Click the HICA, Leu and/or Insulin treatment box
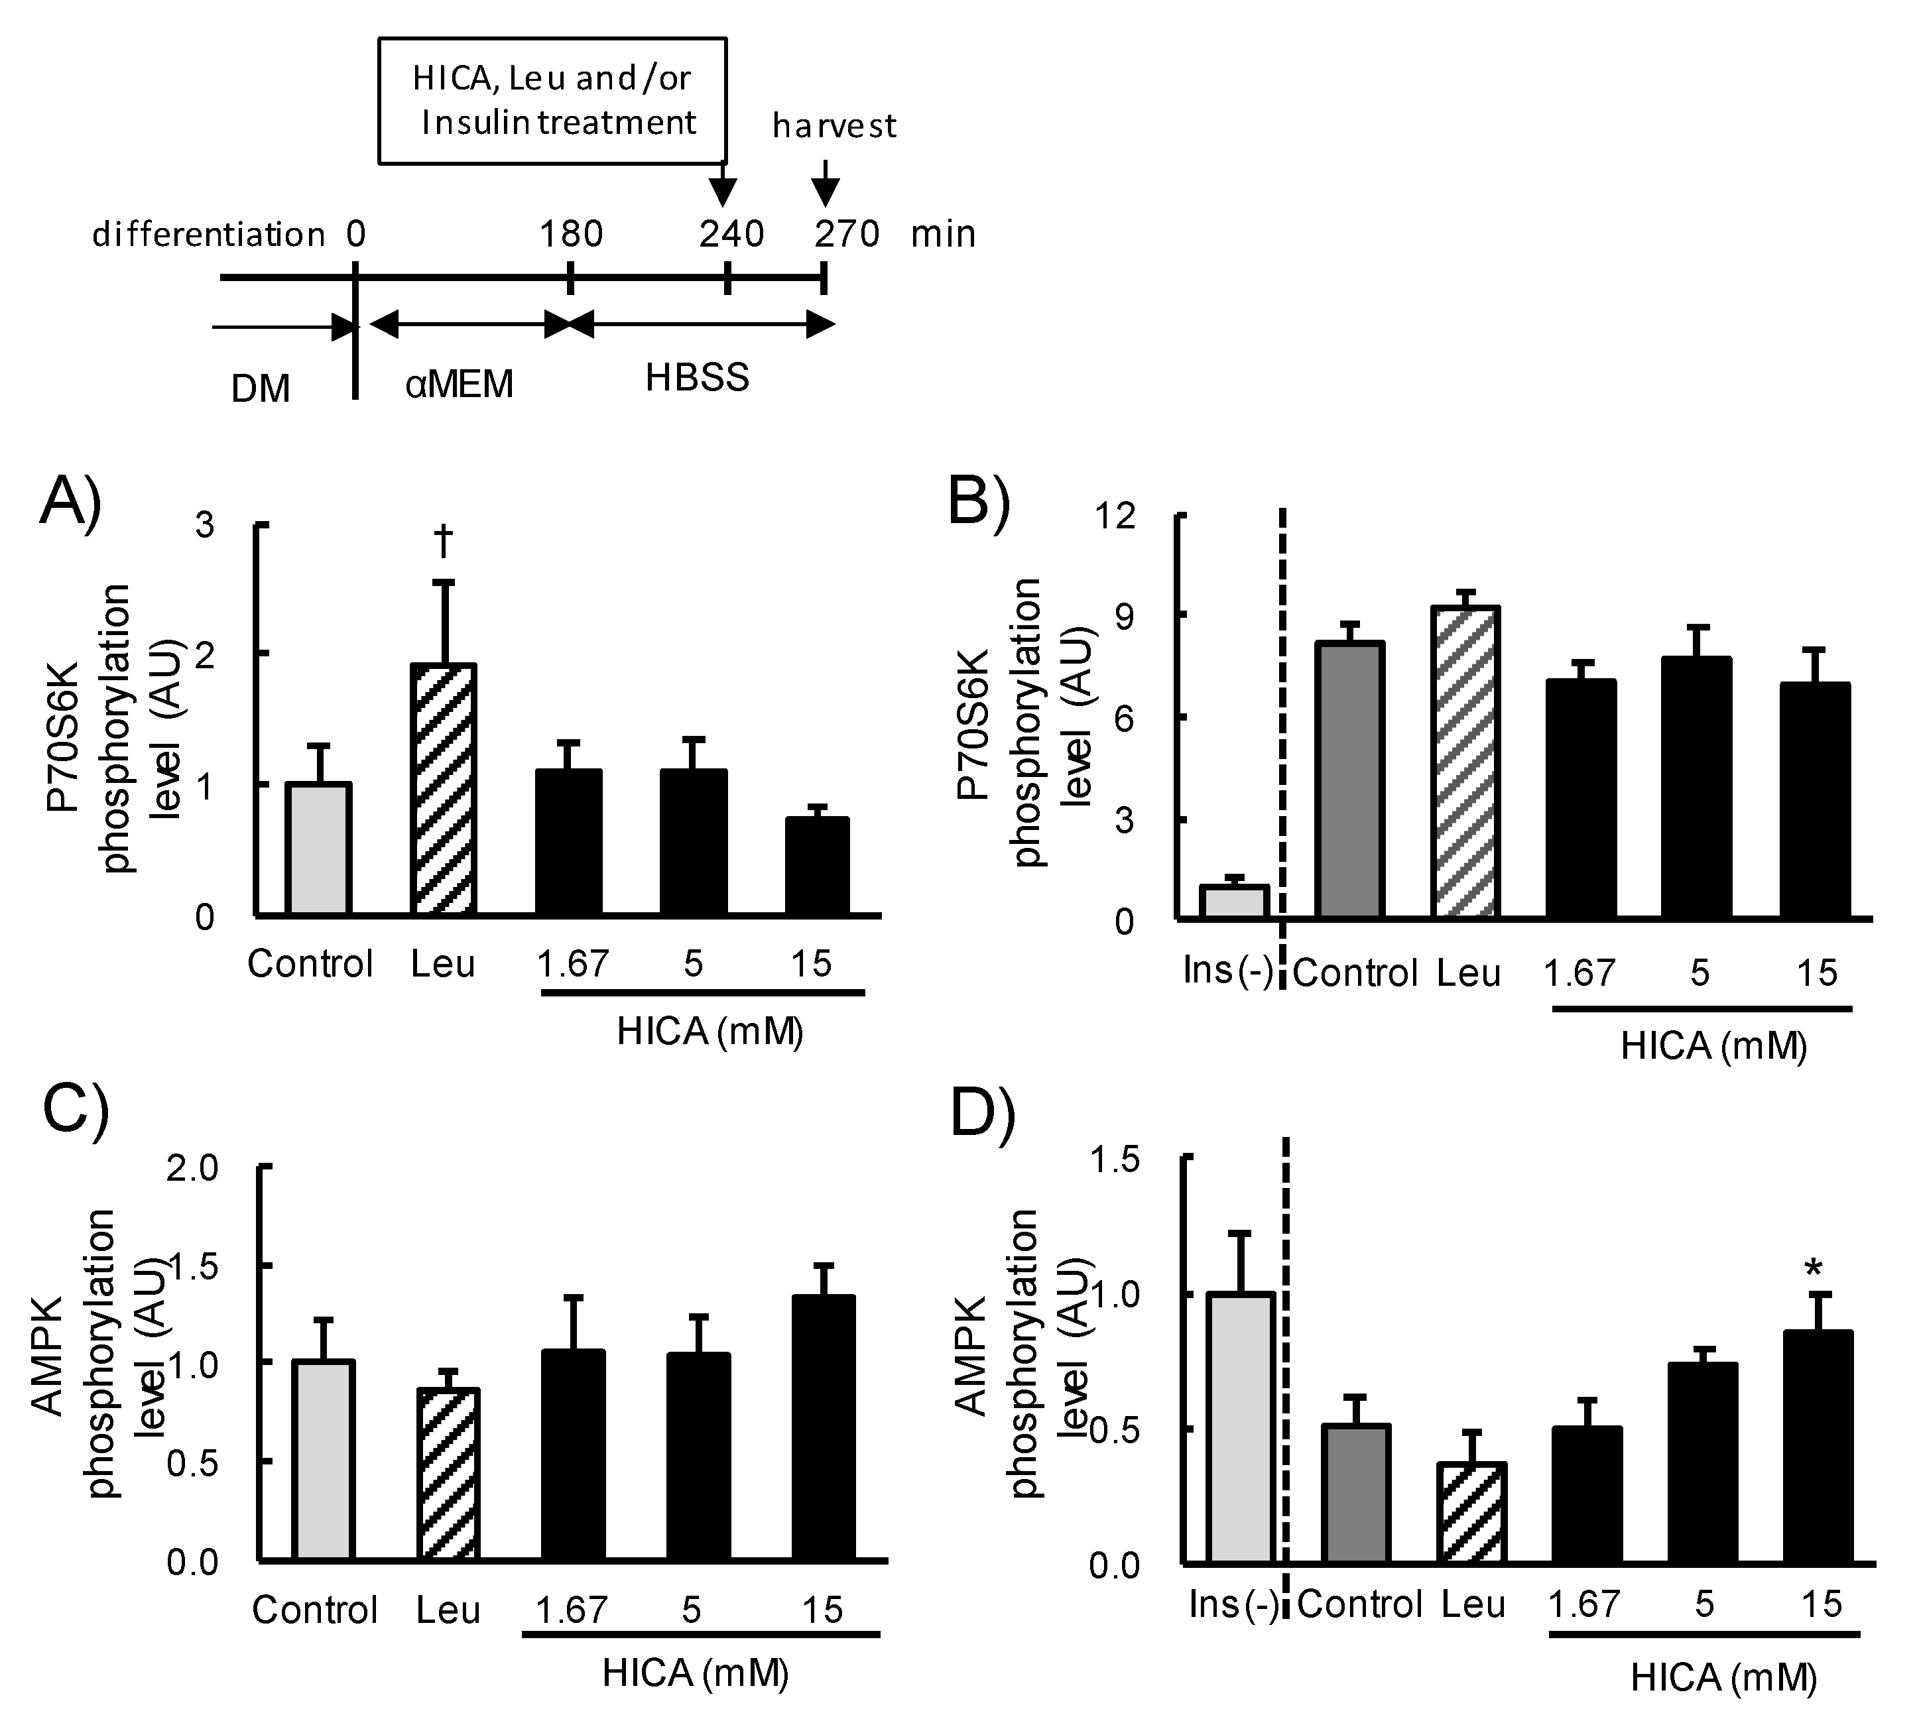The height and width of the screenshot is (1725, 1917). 553,101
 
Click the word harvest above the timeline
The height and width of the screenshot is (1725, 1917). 834,126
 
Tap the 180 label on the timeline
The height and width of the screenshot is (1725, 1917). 571,234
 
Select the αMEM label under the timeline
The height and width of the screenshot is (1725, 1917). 459,384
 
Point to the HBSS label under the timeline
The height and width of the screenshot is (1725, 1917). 697,377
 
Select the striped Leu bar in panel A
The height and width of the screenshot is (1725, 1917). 443,790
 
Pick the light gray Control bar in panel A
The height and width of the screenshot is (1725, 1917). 320,849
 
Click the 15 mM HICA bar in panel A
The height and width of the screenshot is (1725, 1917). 816,866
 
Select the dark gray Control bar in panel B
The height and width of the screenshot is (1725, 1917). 1351,779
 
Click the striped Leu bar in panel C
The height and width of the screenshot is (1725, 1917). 448,1474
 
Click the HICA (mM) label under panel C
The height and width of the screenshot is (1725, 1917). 695,1673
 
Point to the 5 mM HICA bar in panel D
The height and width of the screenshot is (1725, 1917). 1703,1462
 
